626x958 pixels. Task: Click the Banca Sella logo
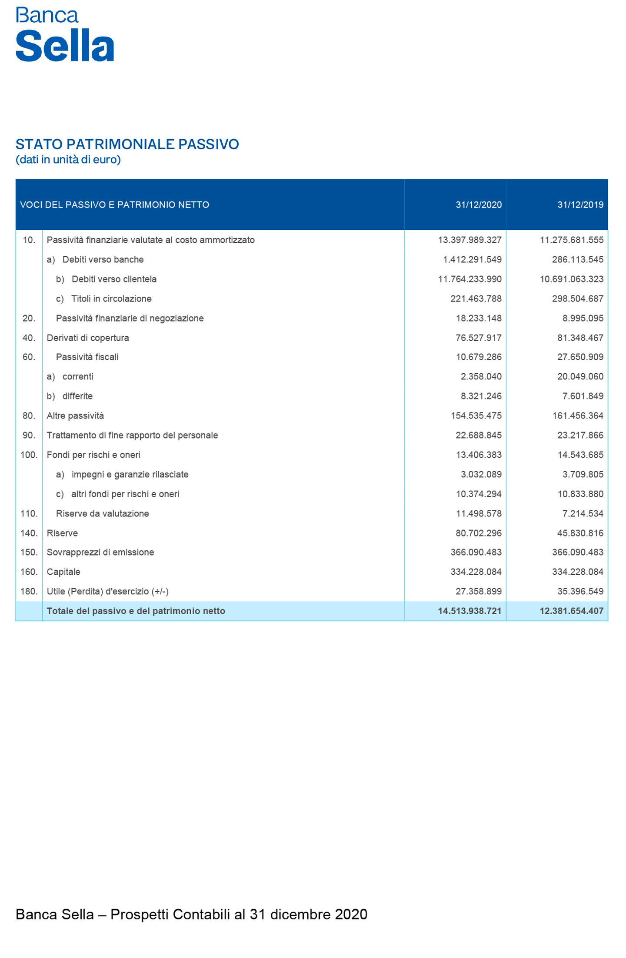[x=64, y=34]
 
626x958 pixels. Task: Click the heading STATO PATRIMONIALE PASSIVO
[x=127, y=144]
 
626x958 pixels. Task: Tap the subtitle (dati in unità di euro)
[x=68, y=160]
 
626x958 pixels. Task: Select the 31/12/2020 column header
[x=478, y=205]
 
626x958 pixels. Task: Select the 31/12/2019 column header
[x=580, y=205]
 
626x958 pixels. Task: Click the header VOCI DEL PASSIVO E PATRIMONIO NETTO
[x=114, y=205]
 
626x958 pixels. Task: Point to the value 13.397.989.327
[x=469, y=240]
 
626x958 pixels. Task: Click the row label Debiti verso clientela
[x=114, y=279]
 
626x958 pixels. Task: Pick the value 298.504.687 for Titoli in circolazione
[x=577, y=299]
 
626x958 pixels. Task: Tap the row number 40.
[x=29, y=338]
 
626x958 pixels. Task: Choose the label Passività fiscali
[x=87, y=357]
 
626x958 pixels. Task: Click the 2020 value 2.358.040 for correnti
[x=481, y=377]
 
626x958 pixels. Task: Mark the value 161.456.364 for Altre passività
[x=577, y=416]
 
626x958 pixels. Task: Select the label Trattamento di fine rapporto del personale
[x=132, y=435]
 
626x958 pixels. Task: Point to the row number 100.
[x=29, y=455]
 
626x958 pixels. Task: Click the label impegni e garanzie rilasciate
[x=130, y=475]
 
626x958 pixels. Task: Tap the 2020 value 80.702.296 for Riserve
[x=478, y=533]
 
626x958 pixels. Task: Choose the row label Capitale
[x=63, y=572]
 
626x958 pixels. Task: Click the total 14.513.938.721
[x=469, y=611]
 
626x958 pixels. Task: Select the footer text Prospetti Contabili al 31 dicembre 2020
[x=239, y=914]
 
